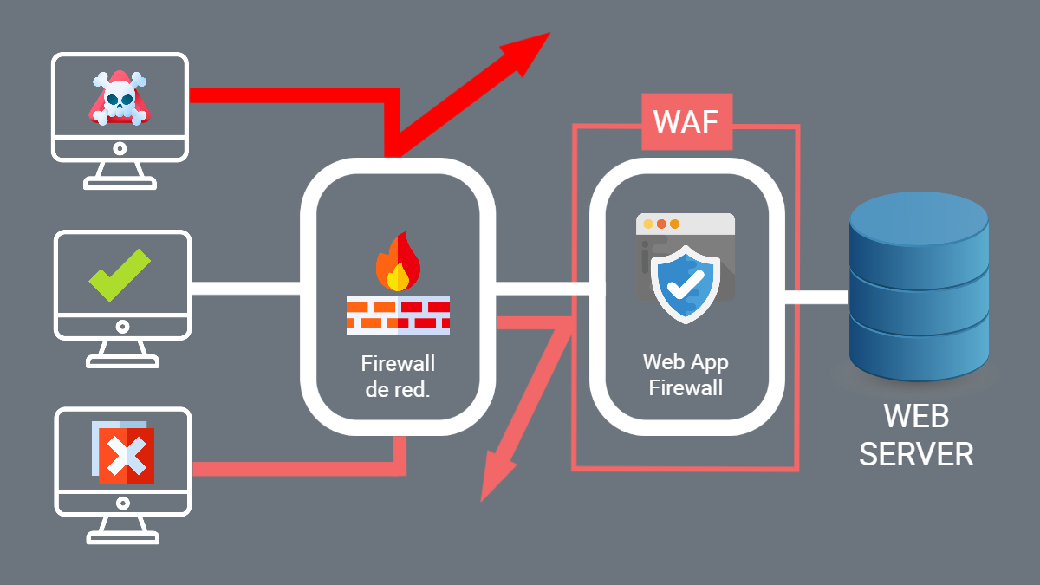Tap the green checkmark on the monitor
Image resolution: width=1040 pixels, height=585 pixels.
(x=120, y=276)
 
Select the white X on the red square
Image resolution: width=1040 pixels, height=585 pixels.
(x=125, y=454)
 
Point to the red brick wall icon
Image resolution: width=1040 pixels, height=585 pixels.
(x=398, y=315)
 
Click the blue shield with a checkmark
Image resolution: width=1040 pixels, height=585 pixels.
(x=686, y=283)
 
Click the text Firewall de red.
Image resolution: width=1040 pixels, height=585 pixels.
(x=398, y=376)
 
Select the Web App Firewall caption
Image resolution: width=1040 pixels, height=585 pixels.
(x=686, y=374)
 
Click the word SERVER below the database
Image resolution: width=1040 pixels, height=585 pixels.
(x=916, y=453)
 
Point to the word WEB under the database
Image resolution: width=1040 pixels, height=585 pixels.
(x=916, y=416)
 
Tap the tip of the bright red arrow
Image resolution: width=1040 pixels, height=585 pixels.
(x=546, y=36)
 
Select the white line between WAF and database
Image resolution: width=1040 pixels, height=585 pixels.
(x=816, y=296)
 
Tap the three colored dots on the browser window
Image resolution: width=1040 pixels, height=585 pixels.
(x=661, y=224)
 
